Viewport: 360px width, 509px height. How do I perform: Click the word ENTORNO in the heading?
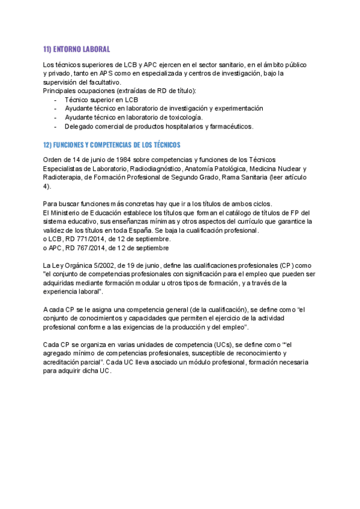67,49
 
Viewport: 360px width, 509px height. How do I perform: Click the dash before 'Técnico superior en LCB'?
56,100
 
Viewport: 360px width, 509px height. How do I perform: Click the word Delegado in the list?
79,127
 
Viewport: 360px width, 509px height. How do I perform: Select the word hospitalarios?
182,127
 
